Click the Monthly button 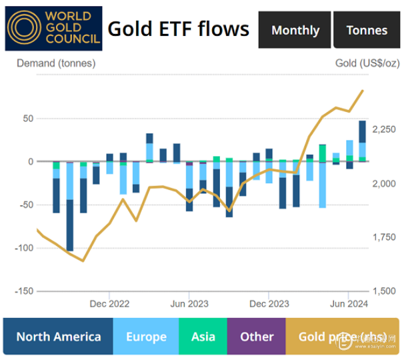coord(295,30)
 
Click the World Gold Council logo coord(53,29)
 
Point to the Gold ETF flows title coord(178,29)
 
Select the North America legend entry coord(59,337)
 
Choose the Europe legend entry coord(146,337)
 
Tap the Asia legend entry coord(203,337)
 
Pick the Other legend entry coord(256,337)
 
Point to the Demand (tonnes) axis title coord(56,63)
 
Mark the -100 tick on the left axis coord(24,248)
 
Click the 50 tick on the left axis coord(28,119)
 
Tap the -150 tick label coord(24,291)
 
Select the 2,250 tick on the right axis coord(384,129)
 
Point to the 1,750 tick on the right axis coord(384,237)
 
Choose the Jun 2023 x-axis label coord(189,304)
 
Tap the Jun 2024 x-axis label coord(349,304)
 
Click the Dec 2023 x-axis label coord(269,304)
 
